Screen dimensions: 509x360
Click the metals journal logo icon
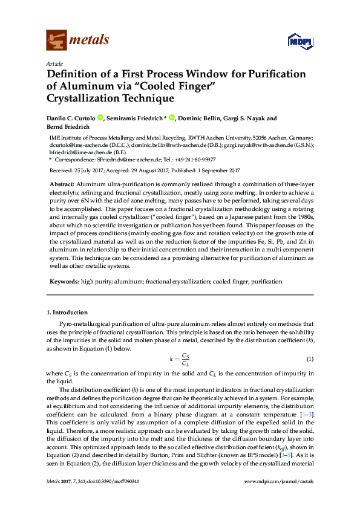(x=56, y=40)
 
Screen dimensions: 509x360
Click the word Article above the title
(x=54, y=63)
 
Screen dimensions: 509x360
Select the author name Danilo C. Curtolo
(x=71, y=118)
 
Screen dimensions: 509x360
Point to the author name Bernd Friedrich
(x=69, y=128)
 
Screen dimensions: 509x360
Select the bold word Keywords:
(x=64, y=282)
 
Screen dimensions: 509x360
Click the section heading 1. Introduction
(x=67, y=313)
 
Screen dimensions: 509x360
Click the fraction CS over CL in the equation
(x=187, y=360)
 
